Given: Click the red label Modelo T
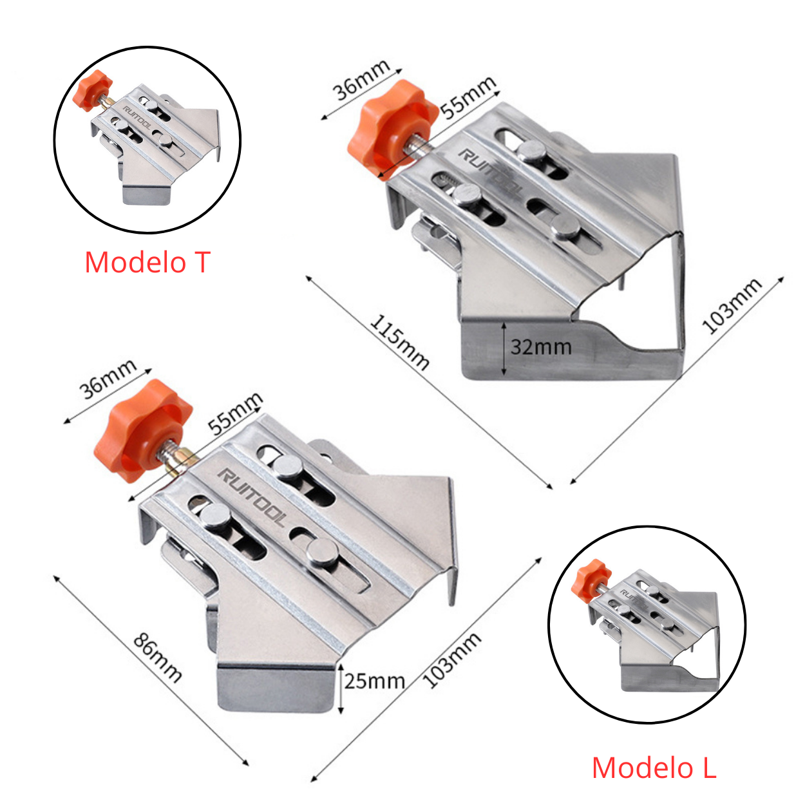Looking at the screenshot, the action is (147, 263).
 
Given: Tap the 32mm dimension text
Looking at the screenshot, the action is (541, 347).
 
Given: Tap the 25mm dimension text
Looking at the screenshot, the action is (374, 681).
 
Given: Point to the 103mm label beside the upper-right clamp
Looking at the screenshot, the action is (732, 306).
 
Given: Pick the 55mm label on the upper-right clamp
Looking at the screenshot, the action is (468, 98).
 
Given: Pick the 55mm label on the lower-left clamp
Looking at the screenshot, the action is (235, 414).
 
